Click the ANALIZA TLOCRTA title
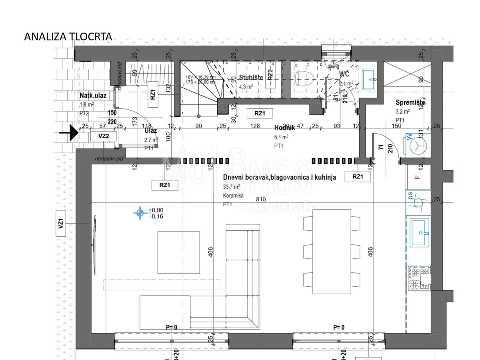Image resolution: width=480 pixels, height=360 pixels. [x=68, y=36]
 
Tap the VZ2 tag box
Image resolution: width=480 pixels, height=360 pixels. [x=104, y=136]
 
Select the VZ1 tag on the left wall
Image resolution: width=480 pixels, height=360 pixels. [x=61, y=224]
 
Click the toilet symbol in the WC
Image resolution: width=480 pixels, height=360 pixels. [x=304, y=79]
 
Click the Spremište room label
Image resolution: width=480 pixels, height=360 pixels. [x=410, y=102]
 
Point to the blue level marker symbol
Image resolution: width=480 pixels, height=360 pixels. [x=140, y=213]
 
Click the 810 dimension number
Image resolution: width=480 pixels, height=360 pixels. [x=261, y=199]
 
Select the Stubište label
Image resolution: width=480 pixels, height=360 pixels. [x=251, y=78]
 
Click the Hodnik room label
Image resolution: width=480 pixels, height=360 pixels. [x=284, y=128]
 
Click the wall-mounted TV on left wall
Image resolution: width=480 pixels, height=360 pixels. [x=94, y=236]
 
